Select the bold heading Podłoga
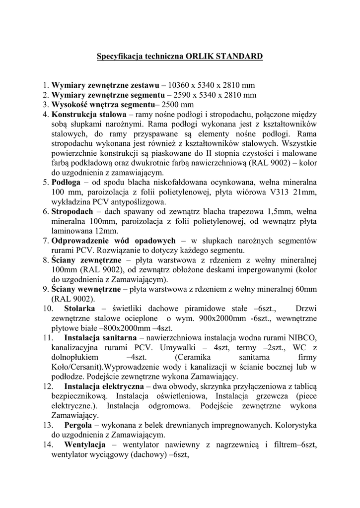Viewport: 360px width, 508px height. click(63, 182)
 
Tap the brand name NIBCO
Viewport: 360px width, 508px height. click(300, 337)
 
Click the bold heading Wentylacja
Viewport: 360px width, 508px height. click(85, 444)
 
